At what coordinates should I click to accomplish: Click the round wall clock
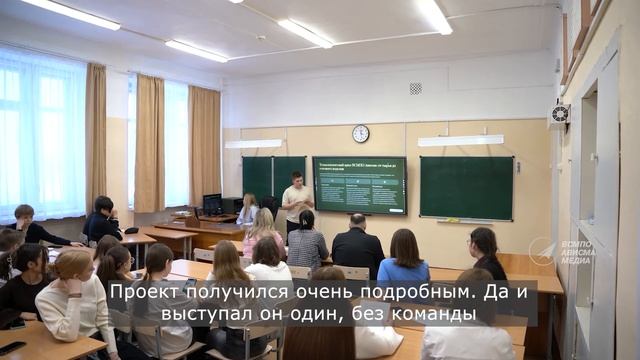tap(360, 134)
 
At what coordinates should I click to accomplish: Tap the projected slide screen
tap(360, 184)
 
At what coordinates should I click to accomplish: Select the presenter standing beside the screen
tap(296, 199)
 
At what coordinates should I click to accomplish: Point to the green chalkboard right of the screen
tap(466, 187)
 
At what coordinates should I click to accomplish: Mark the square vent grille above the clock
tap(415, 88)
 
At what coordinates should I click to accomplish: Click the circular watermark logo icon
tap(542, 251)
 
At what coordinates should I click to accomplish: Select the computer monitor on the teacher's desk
tap(212, 204)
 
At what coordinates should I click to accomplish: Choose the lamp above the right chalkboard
tap(460, 140)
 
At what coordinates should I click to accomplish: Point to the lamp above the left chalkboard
tap(253, 143)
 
